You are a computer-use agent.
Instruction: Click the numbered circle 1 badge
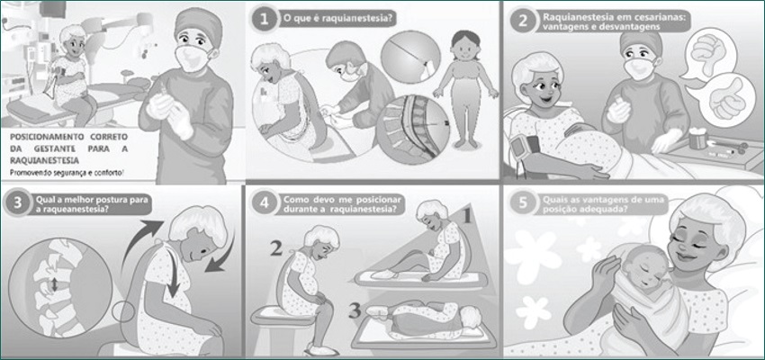[x=264, y=20]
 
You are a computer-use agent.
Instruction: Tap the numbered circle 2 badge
[x=523, y=21]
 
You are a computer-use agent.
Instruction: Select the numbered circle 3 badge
[x=18, y=202]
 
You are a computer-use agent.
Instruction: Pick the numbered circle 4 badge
[x=264, y=202]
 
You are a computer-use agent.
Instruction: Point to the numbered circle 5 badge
[x=523, y=203]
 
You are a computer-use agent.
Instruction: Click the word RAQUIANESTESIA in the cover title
[x=43, y=159]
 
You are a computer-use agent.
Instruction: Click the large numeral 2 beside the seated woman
[x=275, y=250]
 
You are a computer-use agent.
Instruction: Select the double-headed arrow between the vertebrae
[x=54, y=283]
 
